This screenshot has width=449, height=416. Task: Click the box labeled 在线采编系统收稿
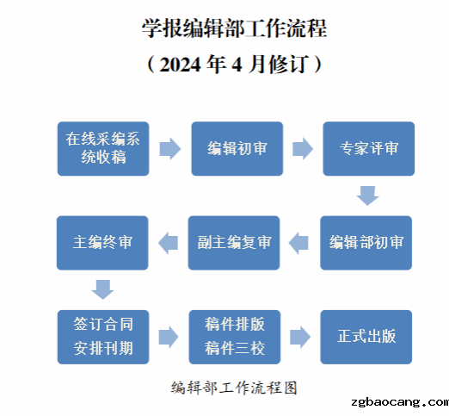[103, 149]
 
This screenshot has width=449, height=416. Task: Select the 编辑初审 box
[237, 149]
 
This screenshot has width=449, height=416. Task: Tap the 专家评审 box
[369, 149]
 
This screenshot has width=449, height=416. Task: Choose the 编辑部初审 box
[366, 243]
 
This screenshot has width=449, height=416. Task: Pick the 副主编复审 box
[234, 243]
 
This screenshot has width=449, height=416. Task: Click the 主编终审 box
[102, 243]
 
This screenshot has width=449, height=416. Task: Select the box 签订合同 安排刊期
[103, 337]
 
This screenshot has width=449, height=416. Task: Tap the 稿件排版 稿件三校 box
[235, 337]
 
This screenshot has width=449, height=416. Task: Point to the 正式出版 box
[366, 337]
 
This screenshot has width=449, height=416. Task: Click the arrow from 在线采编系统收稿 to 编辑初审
[170, 149]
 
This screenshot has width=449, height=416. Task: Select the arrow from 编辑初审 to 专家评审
[303, 149]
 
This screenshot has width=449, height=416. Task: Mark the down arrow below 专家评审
[368, 196]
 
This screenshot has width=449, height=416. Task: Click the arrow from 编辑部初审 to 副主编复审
[298, 243]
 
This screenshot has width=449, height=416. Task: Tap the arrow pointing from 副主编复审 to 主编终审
[168, 243]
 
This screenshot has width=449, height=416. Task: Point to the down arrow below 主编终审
[102, 289]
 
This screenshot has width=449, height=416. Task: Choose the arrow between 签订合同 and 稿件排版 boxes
[169, 337]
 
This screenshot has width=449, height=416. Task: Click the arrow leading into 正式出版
[300, 337]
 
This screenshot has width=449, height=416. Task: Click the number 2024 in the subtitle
[180, 65]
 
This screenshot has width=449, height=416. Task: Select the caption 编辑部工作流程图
[234, 388]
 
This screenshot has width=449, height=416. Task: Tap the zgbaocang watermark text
[400, 402]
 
